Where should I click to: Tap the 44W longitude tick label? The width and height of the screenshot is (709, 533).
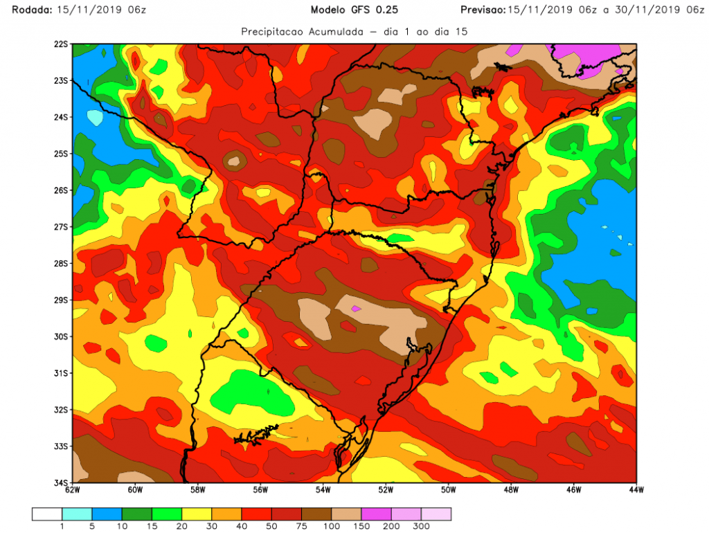click(636, 491)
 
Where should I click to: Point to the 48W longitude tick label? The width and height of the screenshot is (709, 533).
click(511, 491)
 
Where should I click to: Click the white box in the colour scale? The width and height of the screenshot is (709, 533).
click(46, 514)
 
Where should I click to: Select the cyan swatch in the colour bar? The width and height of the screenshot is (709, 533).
click(76, 514)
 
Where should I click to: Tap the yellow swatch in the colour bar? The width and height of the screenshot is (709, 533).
click(196, 514)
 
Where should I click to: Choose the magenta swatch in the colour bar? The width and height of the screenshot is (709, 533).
click(376, 514)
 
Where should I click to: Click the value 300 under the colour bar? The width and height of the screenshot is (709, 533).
click(421, 527)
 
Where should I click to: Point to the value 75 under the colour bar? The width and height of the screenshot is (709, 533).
click(301, 527)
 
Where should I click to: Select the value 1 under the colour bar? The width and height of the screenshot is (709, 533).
click(62, 527)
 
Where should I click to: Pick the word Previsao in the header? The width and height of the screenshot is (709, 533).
click(482, 10)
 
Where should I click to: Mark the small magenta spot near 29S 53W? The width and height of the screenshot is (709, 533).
click(357, 308)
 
